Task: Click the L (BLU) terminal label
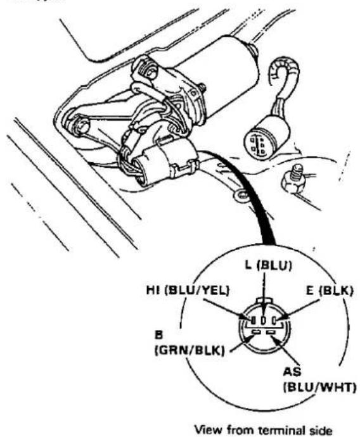268,265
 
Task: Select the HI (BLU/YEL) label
188,291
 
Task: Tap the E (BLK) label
330,291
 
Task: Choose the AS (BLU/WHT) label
319,380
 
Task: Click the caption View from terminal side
264,429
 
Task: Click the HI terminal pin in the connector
253,320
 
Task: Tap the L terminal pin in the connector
264,320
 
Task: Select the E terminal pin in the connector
274,320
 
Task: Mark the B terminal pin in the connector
256,332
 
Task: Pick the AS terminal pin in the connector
271,332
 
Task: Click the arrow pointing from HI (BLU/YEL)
226,309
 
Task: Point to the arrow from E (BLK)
299,309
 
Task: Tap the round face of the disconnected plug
257,144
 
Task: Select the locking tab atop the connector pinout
264,301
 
